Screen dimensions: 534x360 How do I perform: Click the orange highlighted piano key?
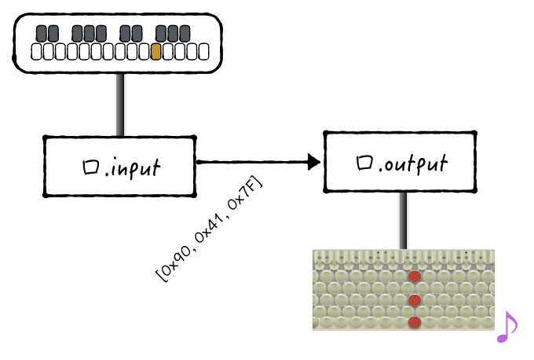pyautogui.click(x=155, y=52)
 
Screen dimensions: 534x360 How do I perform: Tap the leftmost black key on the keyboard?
pyautogui.click(x=41, y=34)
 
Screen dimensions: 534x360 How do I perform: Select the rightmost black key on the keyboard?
pyautogui.click(x=185, y=34)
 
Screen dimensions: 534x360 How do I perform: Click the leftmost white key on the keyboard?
pyautogui.click(x=36, y=52)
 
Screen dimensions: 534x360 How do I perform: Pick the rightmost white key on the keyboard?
pyautogui.click(x=203, y=52)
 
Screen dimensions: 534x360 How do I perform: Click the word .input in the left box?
pyautogui.click(x=132, y=167)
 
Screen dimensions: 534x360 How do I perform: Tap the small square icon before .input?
pyautogui.click(x=91, y=167)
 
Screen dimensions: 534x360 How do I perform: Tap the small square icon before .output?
pyautogui.click(x=364, y=162)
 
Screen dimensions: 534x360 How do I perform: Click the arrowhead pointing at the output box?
pyautogui.click(x=313, y=162)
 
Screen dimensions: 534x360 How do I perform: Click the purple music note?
pyautogui.click(x=507, y=326)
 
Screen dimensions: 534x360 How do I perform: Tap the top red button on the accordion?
pyautogui.click(x=415, y=276)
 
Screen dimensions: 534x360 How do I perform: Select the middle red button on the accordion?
pyautogui.click(x=415, y=300)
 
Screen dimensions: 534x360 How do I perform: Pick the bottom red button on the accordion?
pyautogui.click(x=415, y=322)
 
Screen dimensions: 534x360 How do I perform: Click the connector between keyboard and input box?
pyautogui.click(x=120, y=105)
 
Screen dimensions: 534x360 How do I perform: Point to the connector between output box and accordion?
pyautogui.click(x=403, y=220)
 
